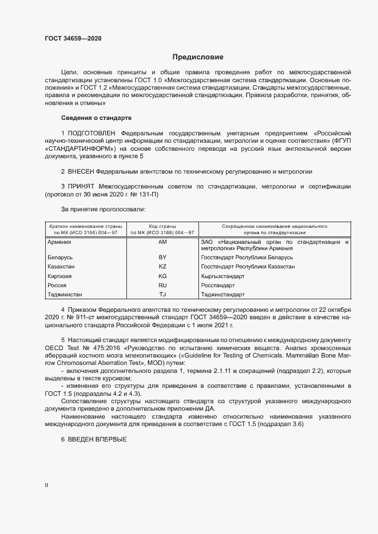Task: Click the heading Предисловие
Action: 198,57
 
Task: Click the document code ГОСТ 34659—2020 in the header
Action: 74,39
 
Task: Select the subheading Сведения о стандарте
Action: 96,118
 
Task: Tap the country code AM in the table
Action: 162,242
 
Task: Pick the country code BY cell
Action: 162,258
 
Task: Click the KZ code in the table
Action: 162,267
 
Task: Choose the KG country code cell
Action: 162,276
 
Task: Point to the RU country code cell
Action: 162,285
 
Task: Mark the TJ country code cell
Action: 162,295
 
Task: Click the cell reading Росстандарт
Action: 218,285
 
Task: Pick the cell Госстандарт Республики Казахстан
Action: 248,267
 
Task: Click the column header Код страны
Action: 162,227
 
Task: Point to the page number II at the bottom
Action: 46,485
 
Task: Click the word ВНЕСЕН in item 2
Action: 81,171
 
